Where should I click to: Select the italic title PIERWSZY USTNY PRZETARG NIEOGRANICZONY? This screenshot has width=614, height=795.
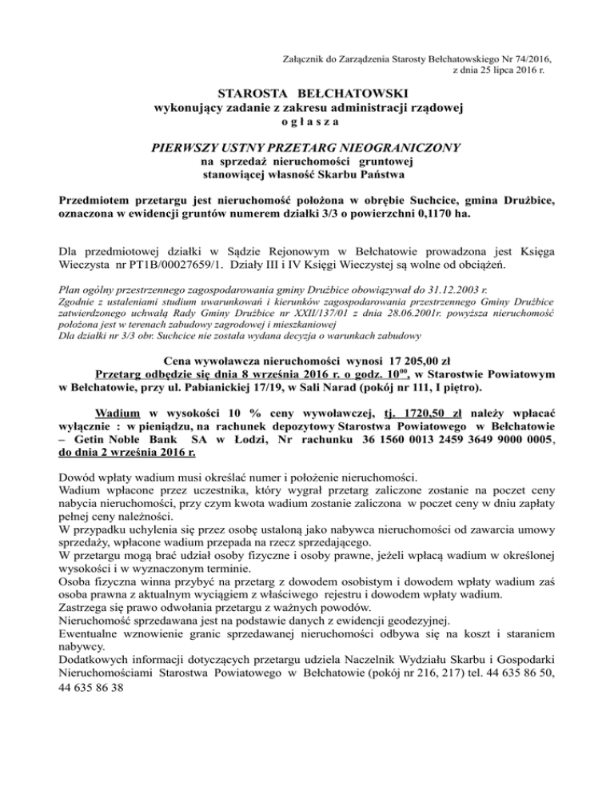(x=307, y=147)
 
